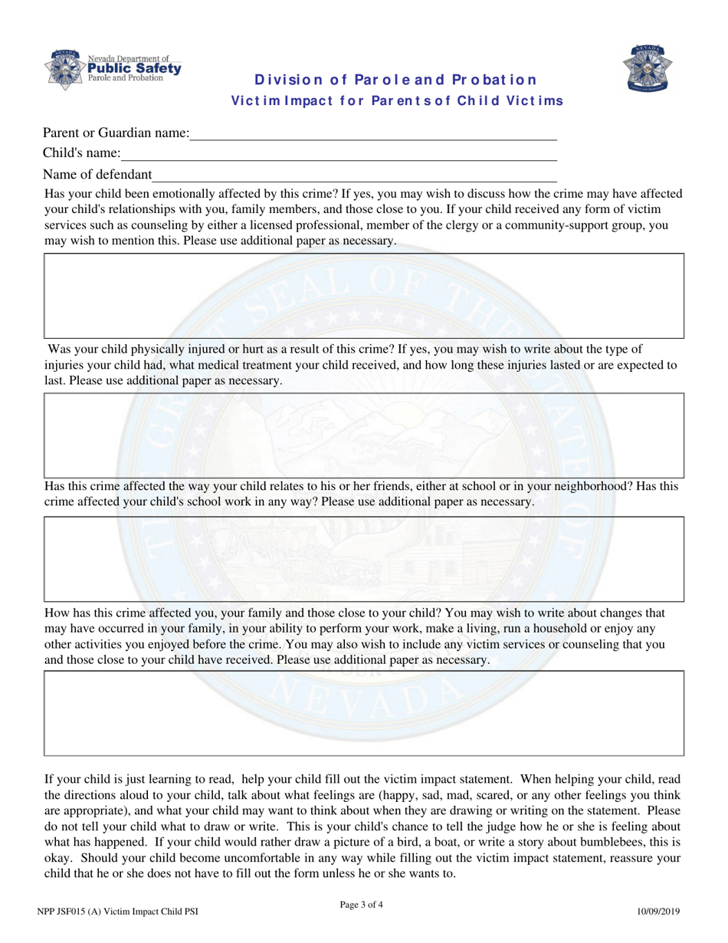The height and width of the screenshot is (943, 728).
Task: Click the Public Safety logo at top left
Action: pos(113,68)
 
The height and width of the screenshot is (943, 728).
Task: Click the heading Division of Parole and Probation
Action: pos(395,80)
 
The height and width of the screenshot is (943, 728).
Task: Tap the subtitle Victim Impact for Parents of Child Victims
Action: pos(397,100)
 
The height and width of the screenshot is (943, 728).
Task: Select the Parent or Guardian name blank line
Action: pos(373,134)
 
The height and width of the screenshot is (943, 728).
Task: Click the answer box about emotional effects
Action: pos(363,295)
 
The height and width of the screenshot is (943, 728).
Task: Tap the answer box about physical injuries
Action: pos(363,435)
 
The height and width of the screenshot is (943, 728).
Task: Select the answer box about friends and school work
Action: pos(363,558)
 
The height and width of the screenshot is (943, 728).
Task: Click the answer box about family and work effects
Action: pos(363,713)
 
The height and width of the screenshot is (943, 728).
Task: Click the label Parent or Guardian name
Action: pos(116,133)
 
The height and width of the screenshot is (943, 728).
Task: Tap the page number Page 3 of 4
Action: pos(361,905)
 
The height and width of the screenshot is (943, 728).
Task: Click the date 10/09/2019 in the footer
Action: pos(658,912)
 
